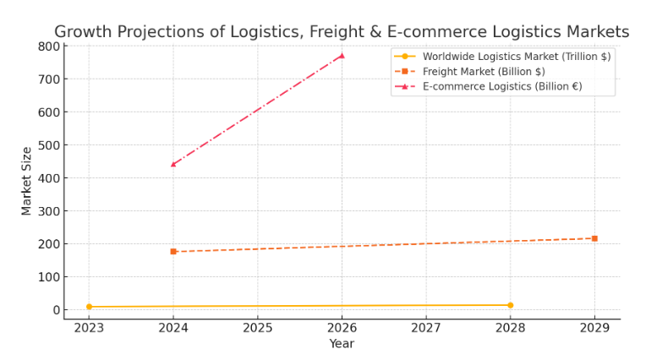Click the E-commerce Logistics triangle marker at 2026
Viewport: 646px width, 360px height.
pyautogui.click(x=342, y=56)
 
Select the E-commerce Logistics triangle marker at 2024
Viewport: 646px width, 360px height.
pyautogui.click(x=173, y=164)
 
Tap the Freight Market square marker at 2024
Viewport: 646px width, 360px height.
pyautogui.click(x=173, y=251)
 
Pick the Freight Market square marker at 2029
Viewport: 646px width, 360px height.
pyautogui.click(x=594, y=238)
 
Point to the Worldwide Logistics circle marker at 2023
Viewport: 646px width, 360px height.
pyautogui.click(x=89, y=307)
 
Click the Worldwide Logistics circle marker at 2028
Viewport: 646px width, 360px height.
pyautogui.click(x=511, y=305)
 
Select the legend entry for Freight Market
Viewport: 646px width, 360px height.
pyautogui.click(x=469, y=72)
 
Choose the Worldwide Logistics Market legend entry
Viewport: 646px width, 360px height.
pyautogui.click(x=502, y=57)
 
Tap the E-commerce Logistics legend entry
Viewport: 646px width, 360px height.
pyautogui.click(x=488, y=86)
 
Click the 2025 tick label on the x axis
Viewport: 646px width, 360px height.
pyautogui.click(x=258, y=328)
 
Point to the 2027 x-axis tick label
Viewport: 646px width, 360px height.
pyautogui.click(x=426, y=328)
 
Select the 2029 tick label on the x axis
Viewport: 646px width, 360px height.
pyautogui.click(x=594, y=328)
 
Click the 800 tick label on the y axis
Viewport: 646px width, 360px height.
pyautogui.click(x=49, y=46)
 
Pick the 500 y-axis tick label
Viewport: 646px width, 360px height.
pyautogui.click(x=49, y=145)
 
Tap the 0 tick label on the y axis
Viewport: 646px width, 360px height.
pyautogui.click(x=57, y=310)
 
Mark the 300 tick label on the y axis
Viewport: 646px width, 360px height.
pyautogui.click(x=49, y=211)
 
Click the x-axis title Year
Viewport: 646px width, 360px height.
pyautogui.click(x=342, y=344)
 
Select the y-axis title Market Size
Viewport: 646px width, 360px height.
pyautogui.click(x=26, y=181)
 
